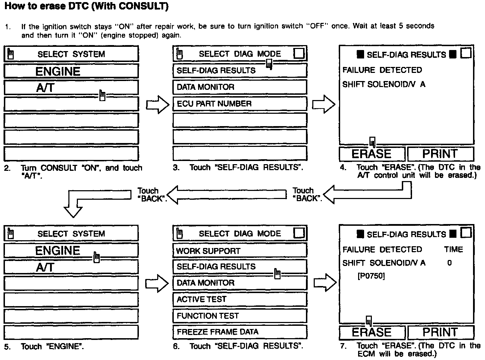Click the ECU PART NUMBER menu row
point(240,104)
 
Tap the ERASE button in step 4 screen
point(372,154)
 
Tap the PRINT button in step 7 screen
point(440,332)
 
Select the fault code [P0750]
point(371,276)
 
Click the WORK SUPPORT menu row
point(240,251)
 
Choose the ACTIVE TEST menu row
point(240,299)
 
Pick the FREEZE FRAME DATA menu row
point(240,332)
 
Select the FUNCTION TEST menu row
point(240,316)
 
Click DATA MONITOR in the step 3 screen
point(240,87)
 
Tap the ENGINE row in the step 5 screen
point(71,251)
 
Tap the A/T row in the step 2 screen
point(71,87)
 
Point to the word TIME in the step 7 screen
point(454,249)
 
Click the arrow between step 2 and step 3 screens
point(158,105)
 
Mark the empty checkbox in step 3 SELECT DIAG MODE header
point(299,54)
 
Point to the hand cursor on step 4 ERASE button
point(372,142)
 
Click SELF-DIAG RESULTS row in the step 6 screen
point(240,267)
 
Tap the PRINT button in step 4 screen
point(440,154)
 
